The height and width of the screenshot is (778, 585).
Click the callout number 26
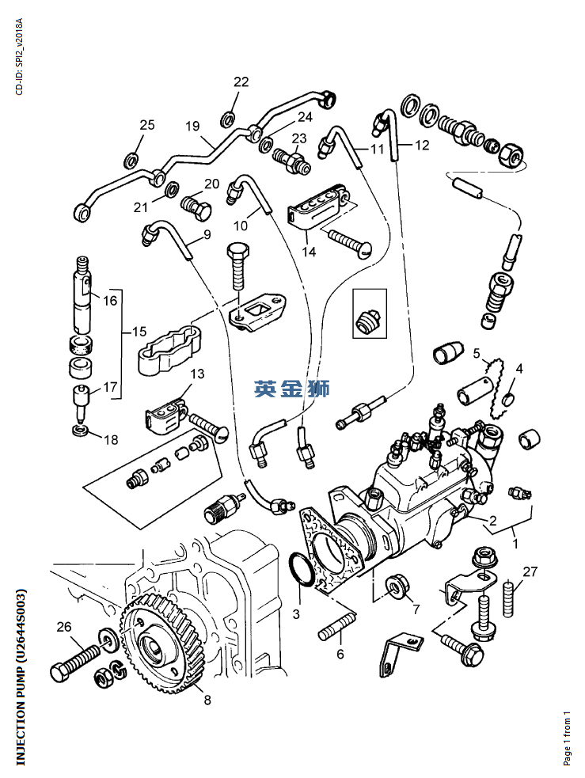pos(64,627)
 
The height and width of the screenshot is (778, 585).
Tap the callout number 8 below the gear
pos(207,700)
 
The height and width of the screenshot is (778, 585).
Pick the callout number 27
pos(530,572)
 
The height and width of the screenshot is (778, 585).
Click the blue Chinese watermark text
pos(292,389)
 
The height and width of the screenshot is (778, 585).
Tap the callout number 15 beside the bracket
pos(139,332)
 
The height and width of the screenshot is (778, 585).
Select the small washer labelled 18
pos(81,430)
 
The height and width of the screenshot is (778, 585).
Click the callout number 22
pos(241,82)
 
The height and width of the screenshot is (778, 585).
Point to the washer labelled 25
pos(131,160)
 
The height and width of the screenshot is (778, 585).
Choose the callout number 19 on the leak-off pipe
pos(192,127)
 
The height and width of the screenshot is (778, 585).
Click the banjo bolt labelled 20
pos(196,209)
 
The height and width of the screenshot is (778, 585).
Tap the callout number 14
pos(309,252)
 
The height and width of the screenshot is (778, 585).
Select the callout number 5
pos(477,354)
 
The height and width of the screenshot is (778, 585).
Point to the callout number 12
pos(422,146)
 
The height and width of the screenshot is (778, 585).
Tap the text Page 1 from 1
pos(567,738)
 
